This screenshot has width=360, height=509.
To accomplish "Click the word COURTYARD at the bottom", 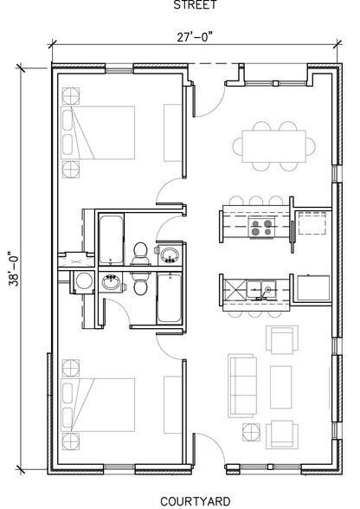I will click(196, 500).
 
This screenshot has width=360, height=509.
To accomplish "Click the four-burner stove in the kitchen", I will click(261, 228).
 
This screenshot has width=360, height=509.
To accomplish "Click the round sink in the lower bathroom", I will click(111, 281).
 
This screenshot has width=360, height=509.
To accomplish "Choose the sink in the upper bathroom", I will click(169, 254).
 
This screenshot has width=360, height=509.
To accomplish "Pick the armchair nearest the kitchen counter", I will click(280, 339).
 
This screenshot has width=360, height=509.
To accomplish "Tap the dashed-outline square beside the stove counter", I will click(312, 227).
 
